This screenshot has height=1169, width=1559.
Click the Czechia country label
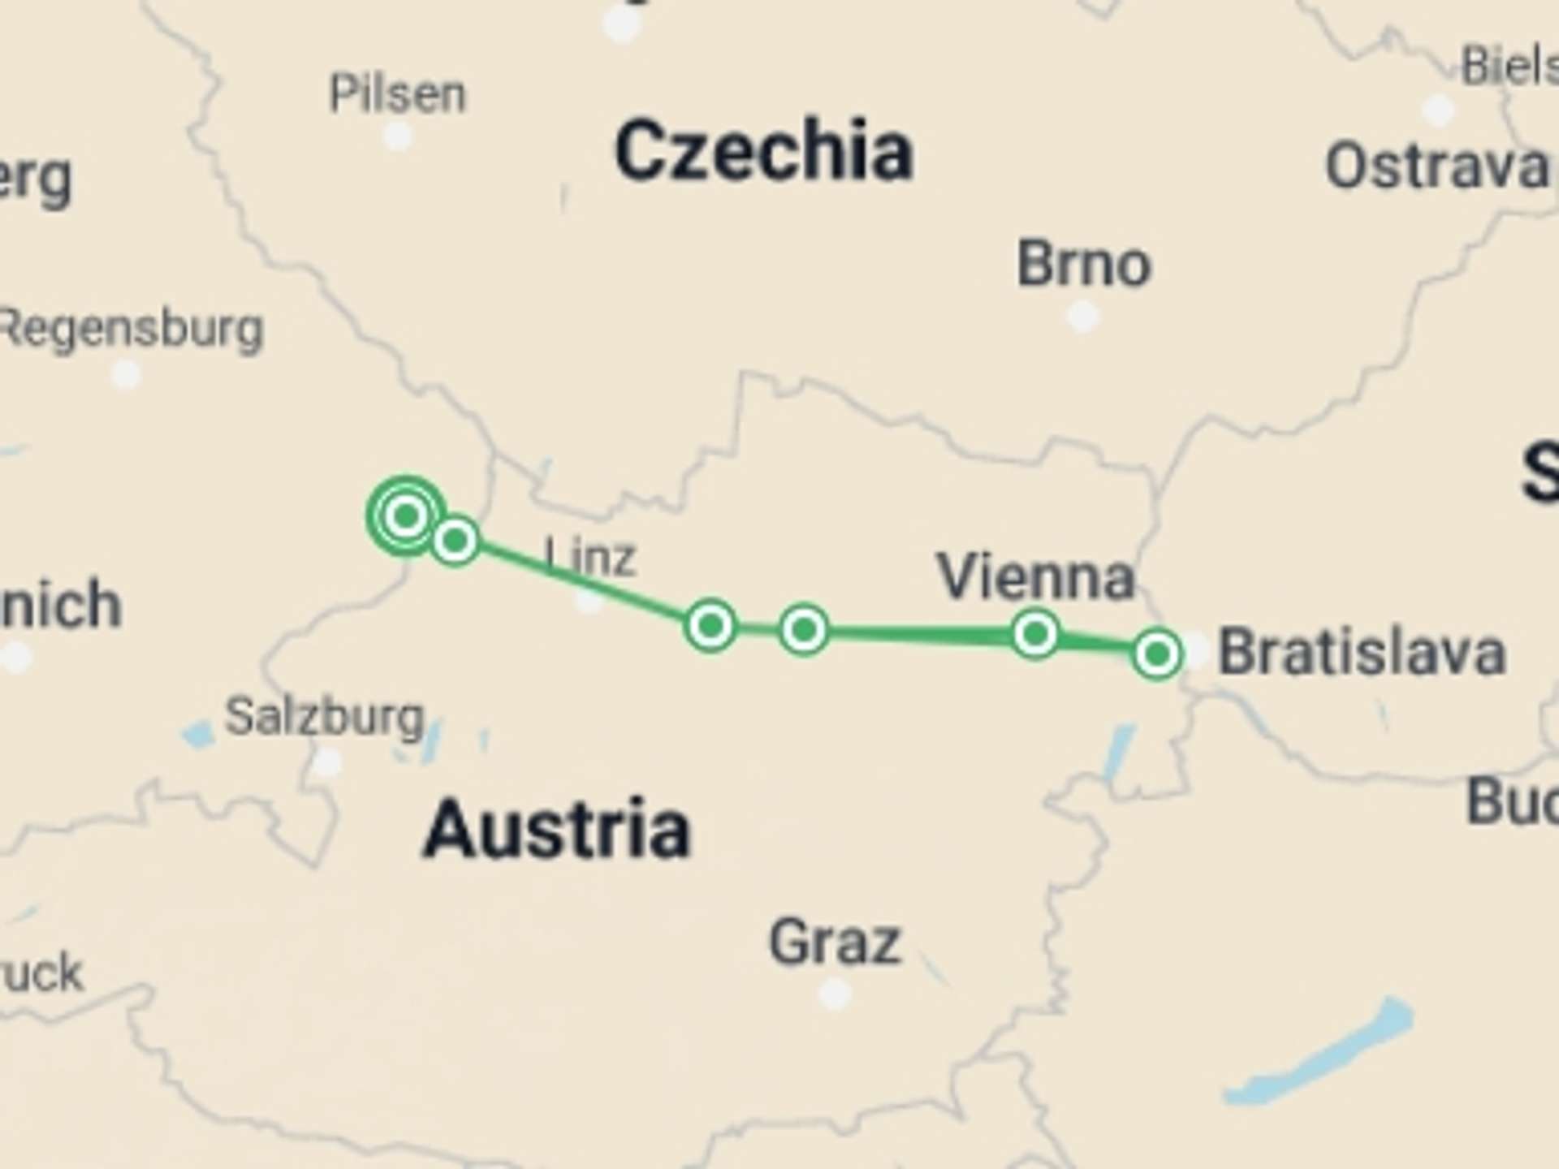click(763, 152)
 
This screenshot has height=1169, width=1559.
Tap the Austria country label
click(557, 829)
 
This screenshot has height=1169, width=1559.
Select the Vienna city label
click(1035, 576)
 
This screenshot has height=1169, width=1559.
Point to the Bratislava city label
click(1363, 652)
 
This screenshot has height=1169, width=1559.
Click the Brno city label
click(1084, 264)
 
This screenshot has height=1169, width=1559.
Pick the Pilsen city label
click(397, 94)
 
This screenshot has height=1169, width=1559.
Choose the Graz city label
click(835, 942)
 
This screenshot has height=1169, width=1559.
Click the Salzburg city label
click(325, 717)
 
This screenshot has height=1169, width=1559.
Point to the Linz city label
click(590, 558)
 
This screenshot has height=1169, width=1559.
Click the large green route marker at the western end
click(406, 515)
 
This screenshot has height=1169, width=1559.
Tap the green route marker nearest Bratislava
click(1156, 654)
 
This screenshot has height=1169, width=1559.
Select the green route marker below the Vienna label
click(1035, 633)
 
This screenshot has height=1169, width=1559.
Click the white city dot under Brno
click(1082, 316)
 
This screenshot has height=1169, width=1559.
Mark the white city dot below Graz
click(835, 993)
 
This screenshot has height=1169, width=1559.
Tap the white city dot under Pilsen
click(397, 136)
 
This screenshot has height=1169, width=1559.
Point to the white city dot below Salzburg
click(327, 763)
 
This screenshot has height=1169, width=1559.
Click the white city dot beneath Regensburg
click(125, 375)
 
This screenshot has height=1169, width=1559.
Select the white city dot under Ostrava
click(1439, 110)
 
